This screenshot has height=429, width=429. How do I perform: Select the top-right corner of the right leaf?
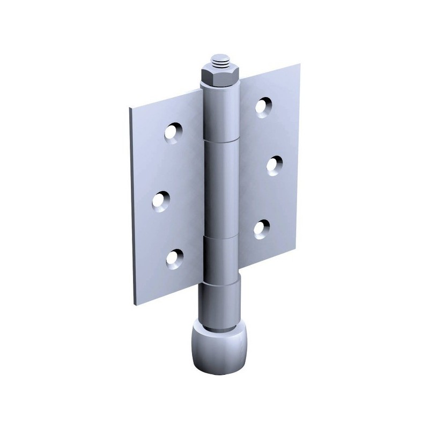coord(302,65)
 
